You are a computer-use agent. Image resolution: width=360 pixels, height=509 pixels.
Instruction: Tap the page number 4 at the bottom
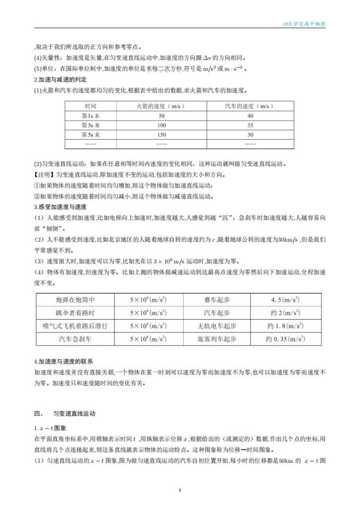point(180,490)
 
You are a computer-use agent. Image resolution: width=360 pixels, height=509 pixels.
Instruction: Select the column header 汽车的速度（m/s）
point(250,106)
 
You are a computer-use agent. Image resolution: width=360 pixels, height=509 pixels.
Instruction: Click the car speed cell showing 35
point(250,125)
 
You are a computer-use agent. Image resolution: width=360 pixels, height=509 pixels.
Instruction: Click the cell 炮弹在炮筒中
point(76,300)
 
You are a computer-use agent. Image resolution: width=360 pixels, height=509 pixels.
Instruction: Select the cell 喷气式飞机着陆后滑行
point(76,326)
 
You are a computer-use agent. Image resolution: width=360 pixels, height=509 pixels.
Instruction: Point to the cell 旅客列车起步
point(217,339)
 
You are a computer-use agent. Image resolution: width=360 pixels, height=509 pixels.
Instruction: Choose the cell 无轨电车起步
point(217,326)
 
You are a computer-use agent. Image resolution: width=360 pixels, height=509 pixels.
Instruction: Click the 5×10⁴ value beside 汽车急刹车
point(148,339)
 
